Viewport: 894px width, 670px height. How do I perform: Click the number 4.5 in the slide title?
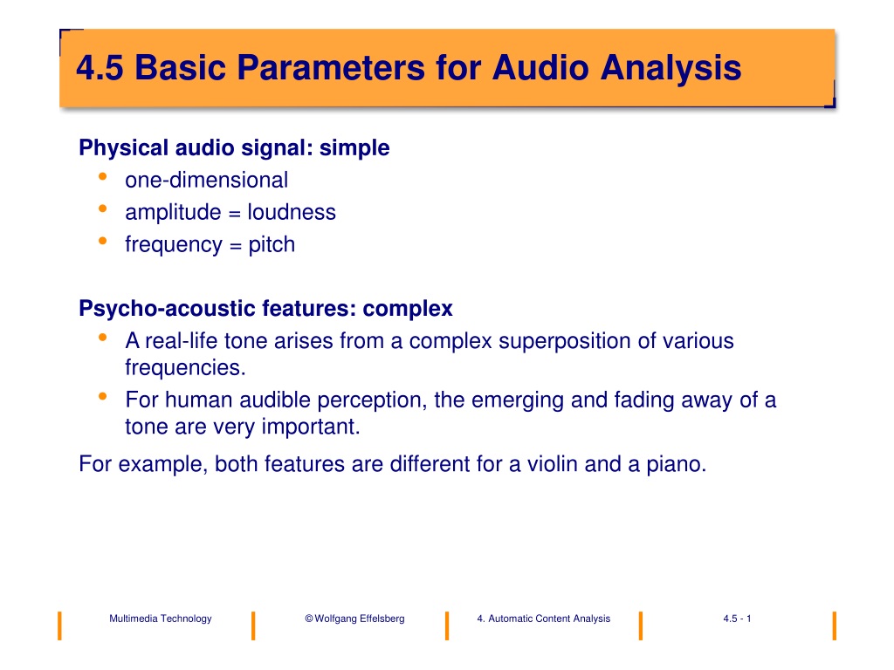pos(100,68)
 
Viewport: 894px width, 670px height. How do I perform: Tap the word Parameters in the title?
pos(331,68)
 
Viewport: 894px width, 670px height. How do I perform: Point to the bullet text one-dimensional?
pos(206,180)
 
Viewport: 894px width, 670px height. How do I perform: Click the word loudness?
pos(292,212)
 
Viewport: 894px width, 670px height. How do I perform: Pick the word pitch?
pos(272,245)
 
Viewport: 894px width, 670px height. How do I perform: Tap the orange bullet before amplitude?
pos(103,209)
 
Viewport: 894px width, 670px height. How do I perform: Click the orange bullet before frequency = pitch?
pos(103,241)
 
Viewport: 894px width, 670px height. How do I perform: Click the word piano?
pos(677,464)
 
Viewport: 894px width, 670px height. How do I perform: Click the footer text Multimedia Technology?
pos(161,619)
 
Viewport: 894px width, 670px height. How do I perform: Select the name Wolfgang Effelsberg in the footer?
pos(359,619)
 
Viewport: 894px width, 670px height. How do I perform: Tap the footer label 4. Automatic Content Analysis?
pos(543,619)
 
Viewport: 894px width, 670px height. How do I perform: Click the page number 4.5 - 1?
pos(737,619)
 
